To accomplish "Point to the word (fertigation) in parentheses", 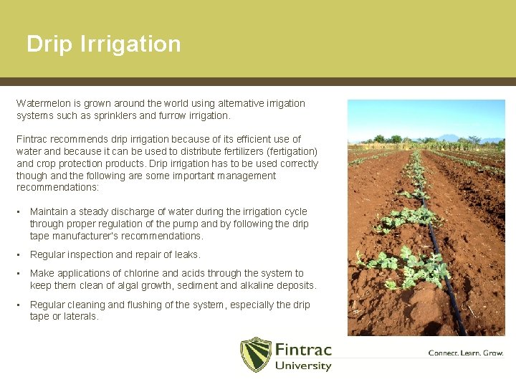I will tap(292, 151).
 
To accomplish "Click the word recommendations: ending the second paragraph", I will tap(57, 188).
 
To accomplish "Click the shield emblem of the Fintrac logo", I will tap(255, 355).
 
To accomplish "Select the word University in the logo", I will tap(303, 366).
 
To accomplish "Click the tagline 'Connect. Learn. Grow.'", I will tap(465, 353).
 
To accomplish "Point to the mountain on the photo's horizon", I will tap(449, 137).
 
